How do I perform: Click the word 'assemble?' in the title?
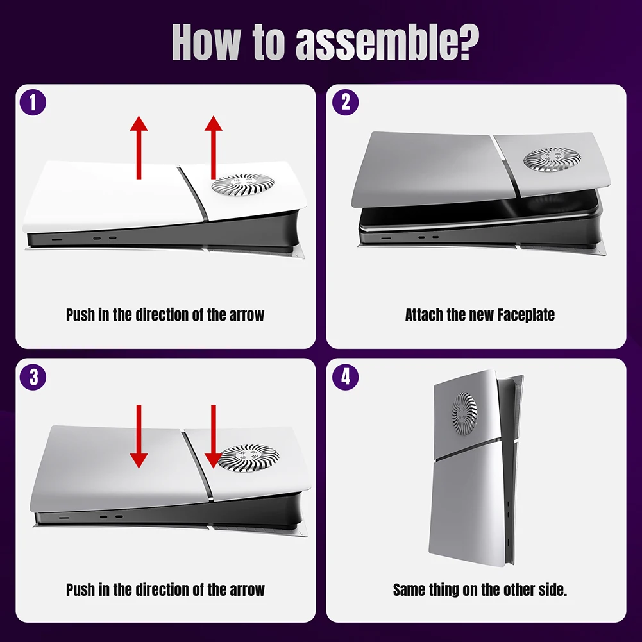[387, 43]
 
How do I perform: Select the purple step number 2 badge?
[346, 103]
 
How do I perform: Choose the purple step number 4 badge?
[346, 377]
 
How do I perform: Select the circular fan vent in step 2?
[552, 158]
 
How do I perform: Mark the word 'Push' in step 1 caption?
[81, 315]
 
